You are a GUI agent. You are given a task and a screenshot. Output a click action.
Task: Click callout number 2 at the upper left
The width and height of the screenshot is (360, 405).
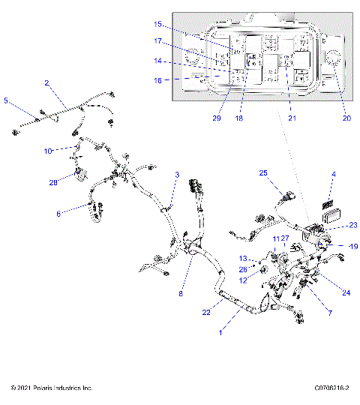pyautogui.click(x=46, y=84)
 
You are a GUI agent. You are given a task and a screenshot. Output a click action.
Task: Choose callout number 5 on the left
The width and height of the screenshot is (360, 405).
pyautogui.click(x=7, y=99)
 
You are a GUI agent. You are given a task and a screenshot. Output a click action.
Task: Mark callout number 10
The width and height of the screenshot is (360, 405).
pyautogui.click(x=47, y=151)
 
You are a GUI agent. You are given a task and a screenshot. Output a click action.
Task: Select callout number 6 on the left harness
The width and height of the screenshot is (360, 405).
pyautogui.click(x=58, y=213)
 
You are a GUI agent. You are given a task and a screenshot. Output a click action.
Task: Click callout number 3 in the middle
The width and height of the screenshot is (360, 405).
pyautogui.click(x=177, y=175)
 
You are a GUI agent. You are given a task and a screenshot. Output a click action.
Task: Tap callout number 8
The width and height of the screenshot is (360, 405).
pyautogui.click(x=180, y=294)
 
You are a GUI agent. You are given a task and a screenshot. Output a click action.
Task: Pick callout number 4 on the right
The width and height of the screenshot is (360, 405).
pyautogui.click(x=334, y=175)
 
